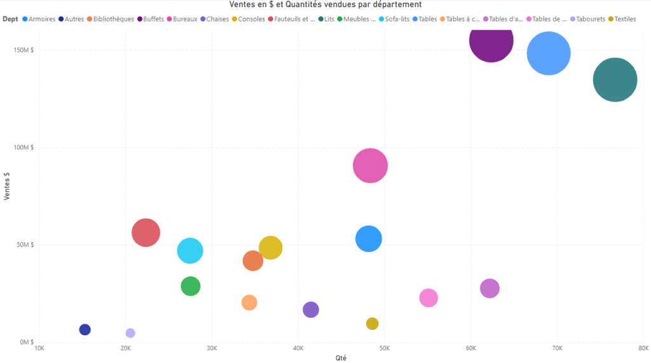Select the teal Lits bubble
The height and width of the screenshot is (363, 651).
615,80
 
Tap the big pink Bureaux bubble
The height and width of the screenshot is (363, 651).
371,166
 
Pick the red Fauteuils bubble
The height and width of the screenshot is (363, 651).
146,232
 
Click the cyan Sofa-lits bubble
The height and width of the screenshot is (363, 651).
190,251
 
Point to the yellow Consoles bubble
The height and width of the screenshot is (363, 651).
271,247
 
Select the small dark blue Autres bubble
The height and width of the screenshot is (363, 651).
85,329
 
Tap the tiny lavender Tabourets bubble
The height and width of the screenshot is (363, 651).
130,333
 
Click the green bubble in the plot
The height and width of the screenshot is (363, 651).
190,286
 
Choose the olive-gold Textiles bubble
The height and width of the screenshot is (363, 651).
372,324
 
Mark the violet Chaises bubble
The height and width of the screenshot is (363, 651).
311,310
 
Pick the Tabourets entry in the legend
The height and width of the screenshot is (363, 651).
587,19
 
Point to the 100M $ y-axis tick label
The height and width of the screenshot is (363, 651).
22,147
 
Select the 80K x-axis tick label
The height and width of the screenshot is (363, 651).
643,348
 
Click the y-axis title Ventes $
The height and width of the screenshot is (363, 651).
6,185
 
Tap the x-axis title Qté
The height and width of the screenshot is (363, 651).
341,357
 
